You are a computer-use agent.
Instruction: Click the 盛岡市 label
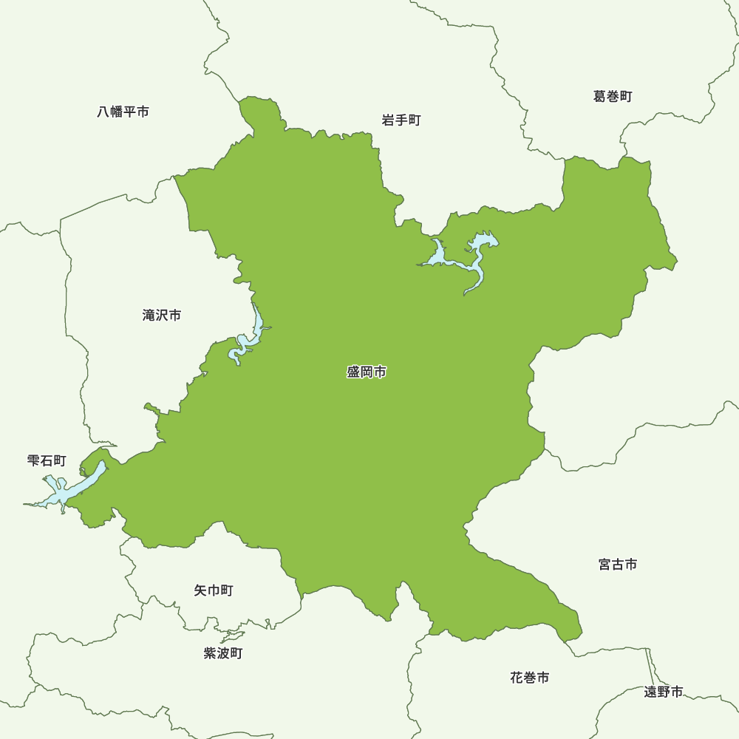pos(367,372)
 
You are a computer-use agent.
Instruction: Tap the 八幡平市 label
pos(123,112)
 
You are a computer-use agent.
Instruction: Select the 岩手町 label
pos(401,120)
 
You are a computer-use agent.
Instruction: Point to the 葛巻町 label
pos(613,97)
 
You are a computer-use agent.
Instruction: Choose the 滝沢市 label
pos(162,316)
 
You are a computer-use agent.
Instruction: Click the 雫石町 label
pos(47,461)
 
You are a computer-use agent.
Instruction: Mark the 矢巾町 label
pos(214,590)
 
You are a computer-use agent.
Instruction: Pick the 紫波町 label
pos(222,653)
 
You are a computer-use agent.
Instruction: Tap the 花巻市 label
pos(530,678)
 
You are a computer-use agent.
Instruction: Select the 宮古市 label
pos(618,565)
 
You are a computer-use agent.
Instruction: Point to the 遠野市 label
pos(663,692)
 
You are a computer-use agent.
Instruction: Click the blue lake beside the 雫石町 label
pos(74,488)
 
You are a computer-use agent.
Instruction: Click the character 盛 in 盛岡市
pos(353,372)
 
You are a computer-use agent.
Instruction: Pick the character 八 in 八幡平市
pos(103,112)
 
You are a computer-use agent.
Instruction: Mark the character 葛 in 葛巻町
pos(599,97)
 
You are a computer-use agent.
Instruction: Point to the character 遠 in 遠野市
pos(650,692)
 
